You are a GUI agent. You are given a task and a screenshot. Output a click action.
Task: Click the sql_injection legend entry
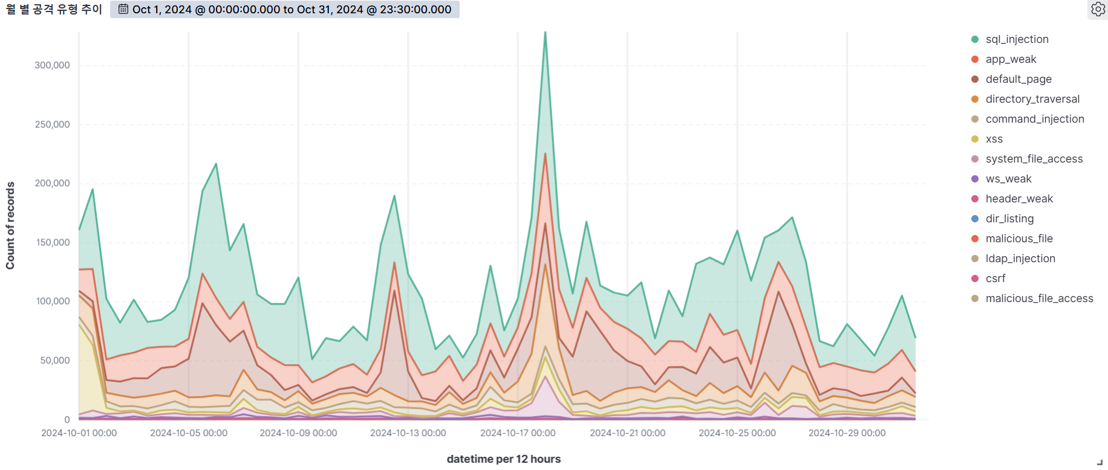1010,39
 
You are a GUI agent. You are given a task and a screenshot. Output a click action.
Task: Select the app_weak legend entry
1004,59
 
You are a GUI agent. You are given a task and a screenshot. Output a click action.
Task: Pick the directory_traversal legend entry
1025,99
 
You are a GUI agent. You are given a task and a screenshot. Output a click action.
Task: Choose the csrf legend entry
988,278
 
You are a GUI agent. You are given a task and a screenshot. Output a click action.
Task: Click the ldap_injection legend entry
1013,259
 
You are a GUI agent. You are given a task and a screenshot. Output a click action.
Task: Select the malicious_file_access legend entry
1032,298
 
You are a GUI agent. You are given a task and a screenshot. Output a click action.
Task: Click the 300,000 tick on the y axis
52,65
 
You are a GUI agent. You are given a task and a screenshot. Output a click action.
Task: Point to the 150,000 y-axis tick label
52,242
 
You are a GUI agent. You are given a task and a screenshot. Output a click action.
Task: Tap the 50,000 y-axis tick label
55,361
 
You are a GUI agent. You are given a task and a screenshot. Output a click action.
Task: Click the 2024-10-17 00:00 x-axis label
518,433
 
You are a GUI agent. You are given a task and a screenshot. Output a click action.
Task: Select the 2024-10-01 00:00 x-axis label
79,433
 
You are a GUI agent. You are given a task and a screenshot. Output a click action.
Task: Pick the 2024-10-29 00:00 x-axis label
847,433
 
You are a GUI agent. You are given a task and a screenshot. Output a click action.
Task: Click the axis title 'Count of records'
10,225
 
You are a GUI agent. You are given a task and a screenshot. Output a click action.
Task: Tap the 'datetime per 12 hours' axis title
504,459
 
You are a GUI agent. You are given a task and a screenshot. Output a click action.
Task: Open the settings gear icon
1098,9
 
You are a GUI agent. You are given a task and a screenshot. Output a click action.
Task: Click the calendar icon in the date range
123,9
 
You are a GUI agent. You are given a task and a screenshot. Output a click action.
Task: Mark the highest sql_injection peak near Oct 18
545,32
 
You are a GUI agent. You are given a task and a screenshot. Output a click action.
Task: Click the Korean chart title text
54,9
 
